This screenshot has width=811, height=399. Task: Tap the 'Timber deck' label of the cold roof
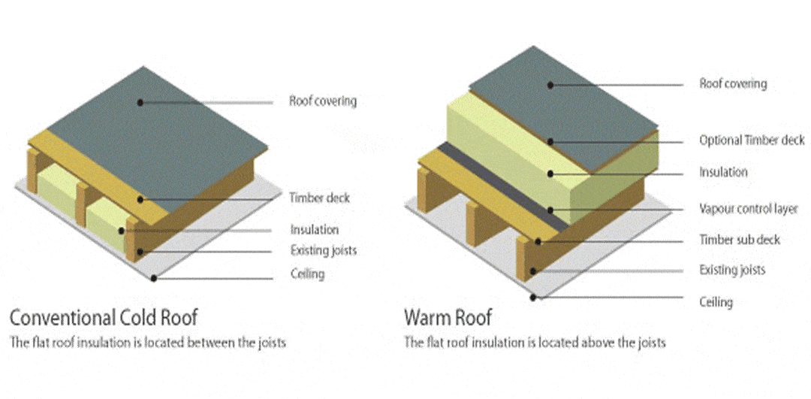click(x=319, y=198)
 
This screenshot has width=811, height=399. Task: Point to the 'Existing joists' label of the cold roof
click(x=323, y=250)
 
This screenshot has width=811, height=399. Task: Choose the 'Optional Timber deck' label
click(x=752, y=141)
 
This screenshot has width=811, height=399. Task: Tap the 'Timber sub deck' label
click(x=740, y=240)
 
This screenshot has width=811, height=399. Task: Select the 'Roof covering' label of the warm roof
click(x=732, y=83)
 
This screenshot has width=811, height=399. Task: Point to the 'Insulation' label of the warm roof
click(x=723, y=172)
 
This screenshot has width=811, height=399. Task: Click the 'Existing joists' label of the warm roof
click(x=732, y=269)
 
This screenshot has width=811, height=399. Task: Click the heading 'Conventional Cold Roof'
click(x=104, y=316)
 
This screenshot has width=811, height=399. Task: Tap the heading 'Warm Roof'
click(x=448, y=316)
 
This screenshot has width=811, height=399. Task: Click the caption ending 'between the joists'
click(x=148, y=343)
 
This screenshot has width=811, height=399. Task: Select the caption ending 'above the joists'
click(x=535, y=343)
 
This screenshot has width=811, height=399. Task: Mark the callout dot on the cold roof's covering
click(x=140, y=101)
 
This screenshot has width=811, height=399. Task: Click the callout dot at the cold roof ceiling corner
click(x=153, y=277)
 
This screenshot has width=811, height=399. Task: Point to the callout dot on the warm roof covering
click(x=550, y=85)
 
